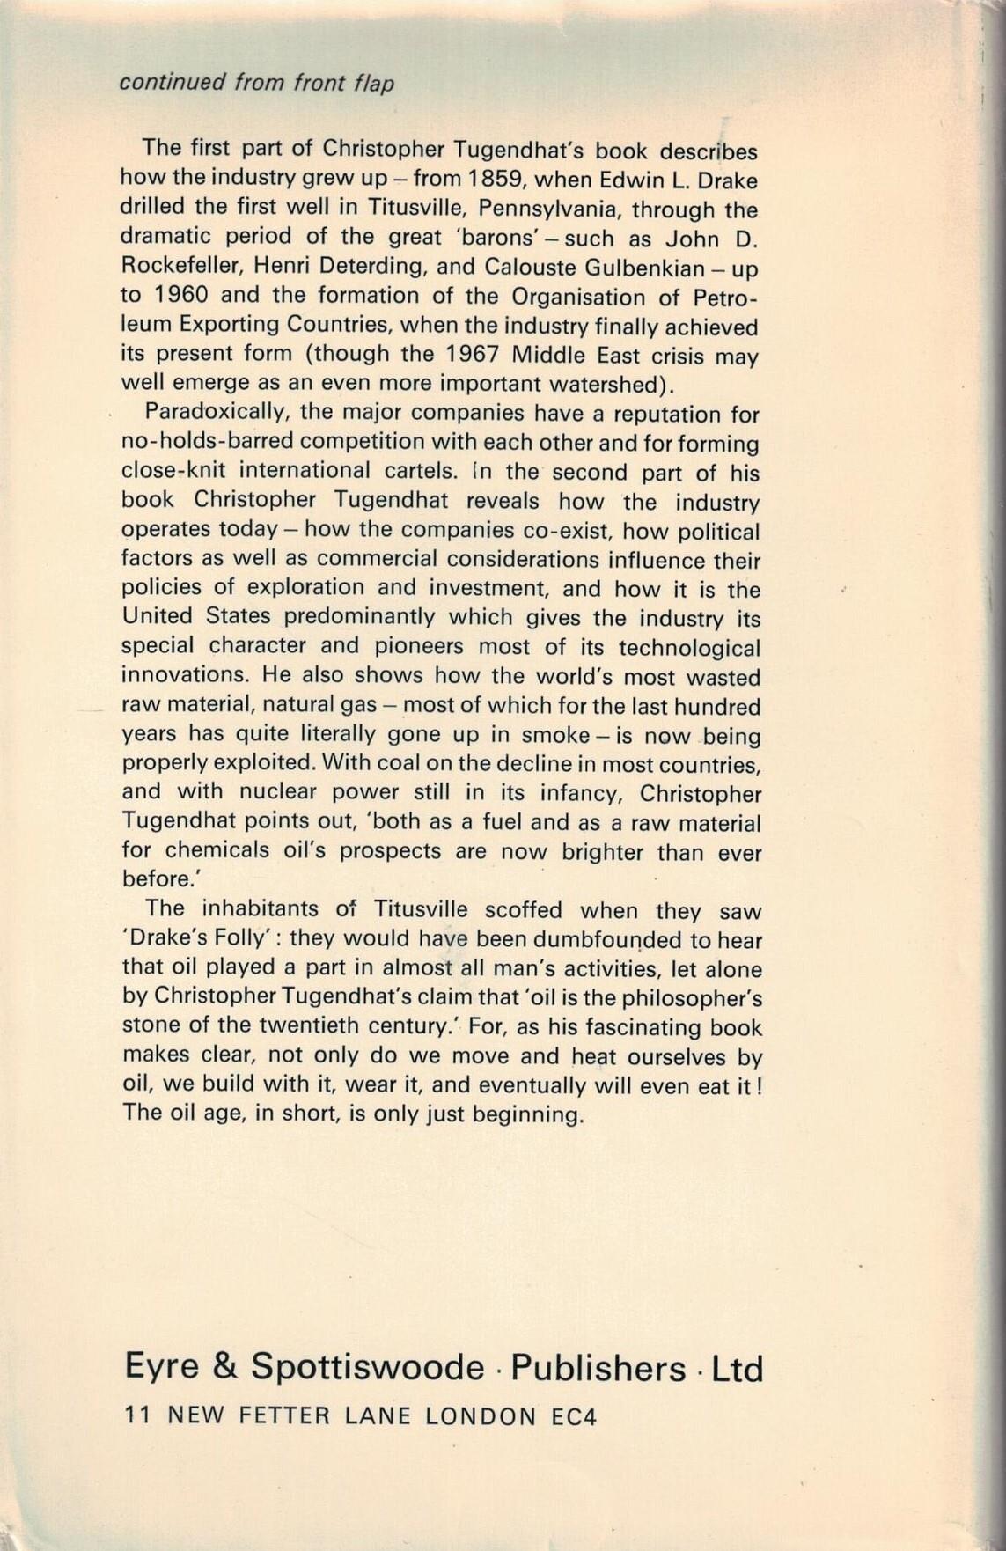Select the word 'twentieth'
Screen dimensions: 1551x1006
301,1027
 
